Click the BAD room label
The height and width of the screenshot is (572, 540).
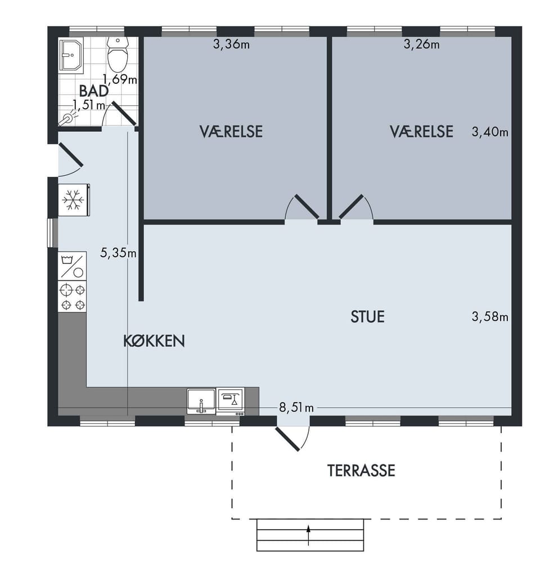pyautogui.click(x=93, y=91)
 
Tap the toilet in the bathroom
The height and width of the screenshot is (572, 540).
pyautogui.click(x=118, y=55)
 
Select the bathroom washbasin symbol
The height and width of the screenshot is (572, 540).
pyautogui.click(x=71, y=53)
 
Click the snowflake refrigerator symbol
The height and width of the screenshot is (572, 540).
pyautogui.click(x=74, y=200)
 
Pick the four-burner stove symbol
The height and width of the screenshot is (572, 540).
pyautogui.click(x=72, y=296)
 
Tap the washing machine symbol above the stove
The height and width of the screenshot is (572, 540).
pyautogui.click(x=72, y=266)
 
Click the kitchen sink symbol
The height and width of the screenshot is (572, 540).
pyautogui.click(x=201, y=401)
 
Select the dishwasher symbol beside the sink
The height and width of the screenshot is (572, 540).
pyautogui.click(x=230, y=401)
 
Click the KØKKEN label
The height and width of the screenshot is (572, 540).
pyautogui.click(x=154, y=341)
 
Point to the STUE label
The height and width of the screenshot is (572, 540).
pyautogui.click(x=367, y=316)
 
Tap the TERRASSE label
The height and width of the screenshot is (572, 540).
pyautogui.click(x=361, y=471)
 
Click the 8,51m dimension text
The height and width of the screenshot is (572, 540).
pyautogui.click(x=296, y=407)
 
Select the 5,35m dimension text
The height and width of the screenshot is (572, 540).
pyautogui.click(x=118, y=252)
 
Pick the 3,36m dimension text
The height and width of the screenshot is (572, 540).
pyautogui.click(x=231, y=44)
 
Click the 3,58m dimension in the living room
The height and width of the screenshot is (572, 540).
pyautogui.click(x=490, y=316)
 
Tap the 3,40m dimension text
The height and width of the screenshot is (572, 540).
pyautogui.click(x=490, y=132)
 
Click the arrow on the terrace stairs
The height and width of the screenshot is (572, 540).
pyautogui.click(x=309, y=535)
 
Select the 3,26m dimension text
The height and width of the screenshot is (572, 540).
pyautogui.click(x=421, y=44)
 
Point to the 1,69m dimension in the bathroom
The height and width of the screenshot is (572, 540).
pyautogui.click(x=120, y=79)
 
